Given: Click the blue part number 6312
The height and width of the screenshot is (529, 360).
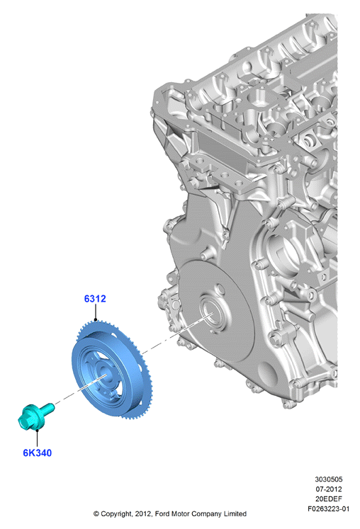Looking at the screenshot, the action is click(95, 299).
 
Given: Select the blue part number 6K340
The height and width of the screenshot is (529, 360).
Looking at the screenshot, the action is click(38, 453).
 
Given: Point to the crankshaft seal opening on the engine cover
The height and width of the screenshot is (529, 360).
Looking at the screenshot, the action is click(210, 313).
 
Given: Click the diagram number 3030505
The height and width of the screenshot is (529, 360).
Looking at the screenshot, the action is click(329, 479).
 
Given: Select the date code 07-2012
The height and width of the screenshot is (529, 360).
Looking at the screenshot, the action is click(329, 489).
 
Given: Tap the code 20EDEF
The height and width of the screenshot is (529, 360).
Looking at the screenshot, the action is click(329, 499).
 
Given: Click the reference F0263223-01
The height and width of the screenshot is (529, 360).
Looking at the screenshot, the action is click(328, 508).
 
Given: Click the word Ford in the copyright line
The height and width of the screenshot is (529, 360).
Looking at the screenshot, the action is click(162, 514).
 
